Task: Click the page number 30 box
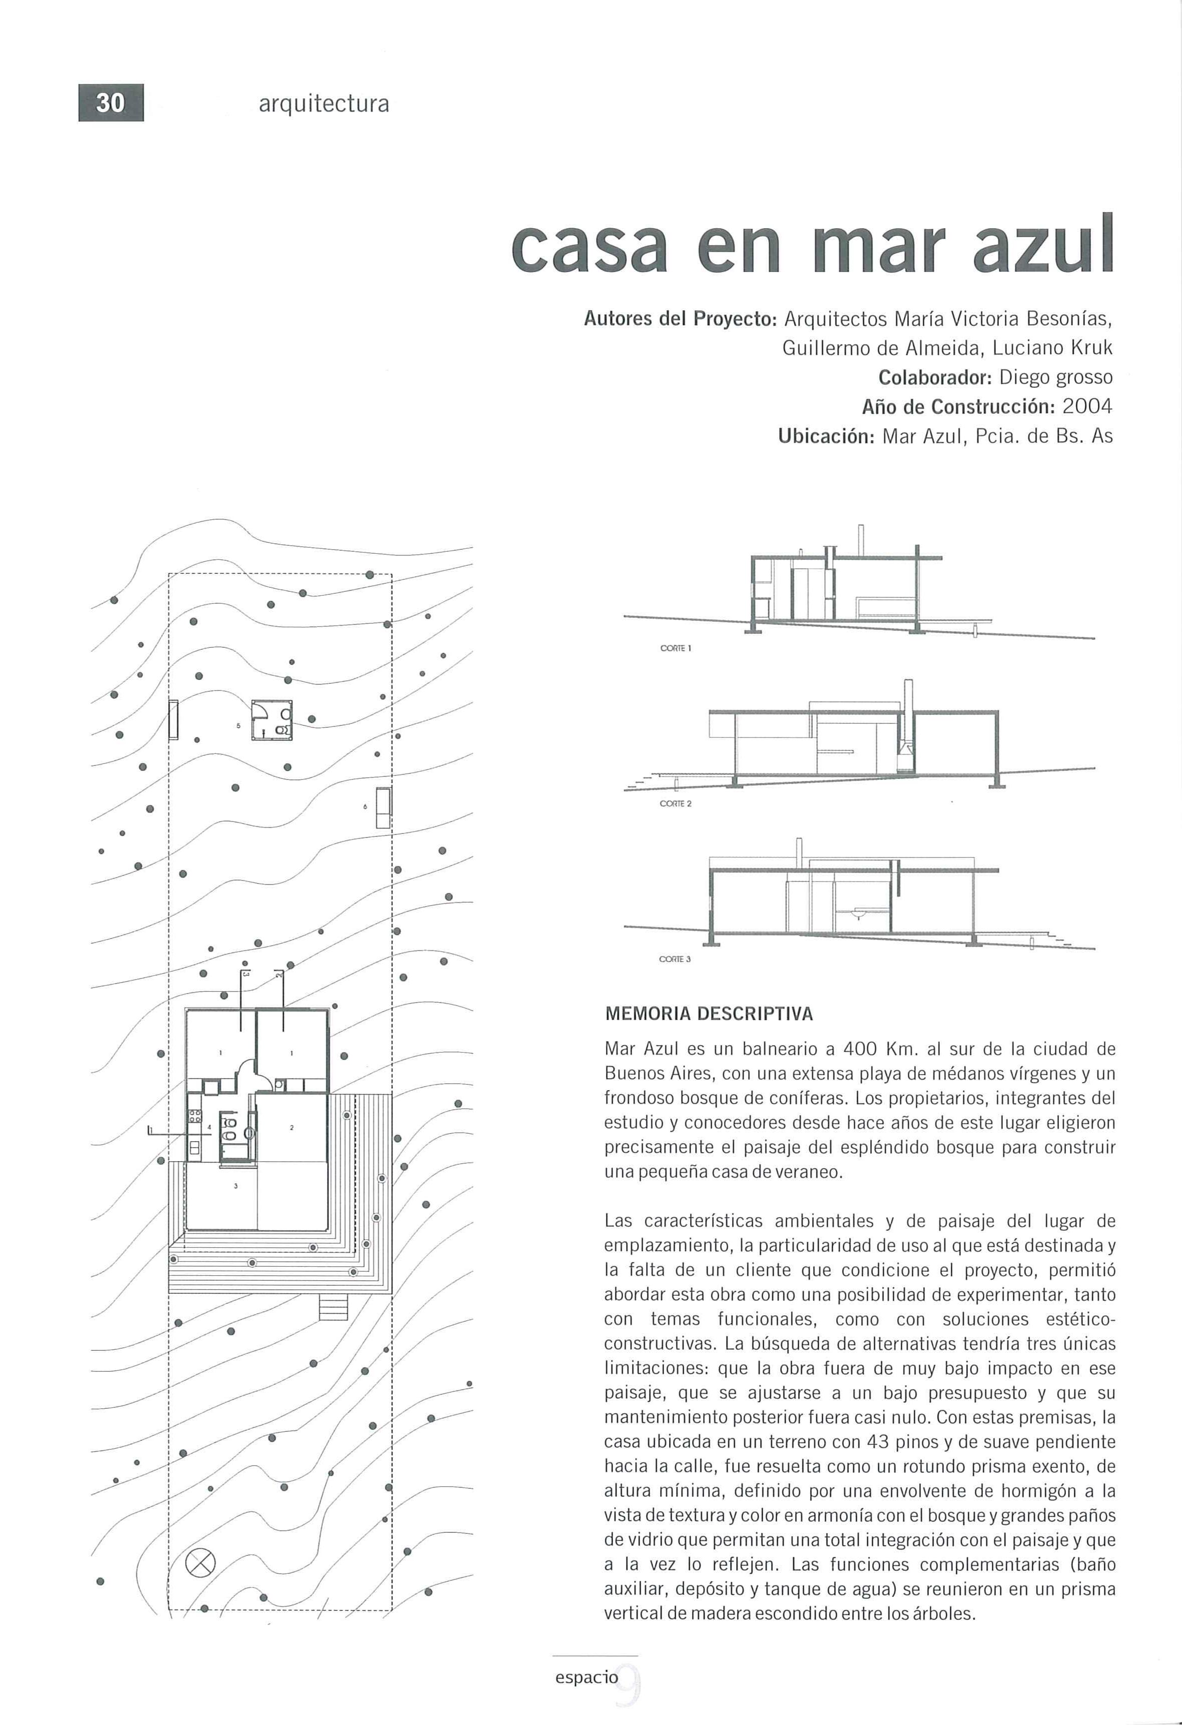point(111,103)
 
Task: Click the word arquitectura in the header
point(324,104)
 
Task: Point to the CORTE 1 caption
point(676,648)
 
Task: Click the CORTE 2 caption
point(676,804)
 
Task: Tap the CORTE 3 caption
point(675,959)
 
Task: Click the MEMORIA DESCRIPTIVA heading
point(709,1014)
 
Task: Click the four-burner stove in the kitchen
point(195,1116)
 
